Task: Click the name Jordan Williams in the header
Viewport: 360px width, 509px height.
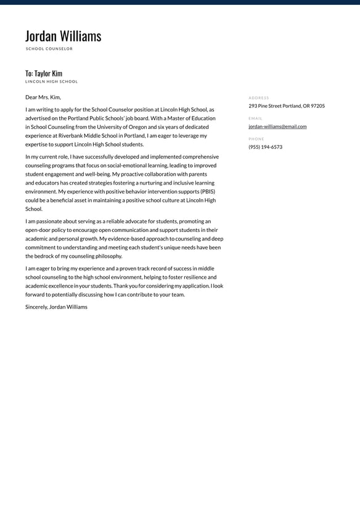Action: click(63, 36)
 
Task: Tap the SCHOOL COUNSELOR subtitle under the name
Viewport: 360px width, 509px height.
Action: click(49, 49)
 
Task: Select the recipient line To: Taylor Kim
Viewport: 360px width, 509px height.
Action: click(44, 73)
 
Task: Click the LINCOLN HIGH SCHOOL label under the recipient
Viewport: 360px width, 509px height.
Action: click(52, 81)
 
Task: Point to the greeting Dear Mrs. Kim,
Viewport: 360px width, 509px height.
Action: click(43, 97)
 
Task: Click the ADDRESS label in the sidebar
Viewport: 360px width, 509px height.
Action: click(259, 98)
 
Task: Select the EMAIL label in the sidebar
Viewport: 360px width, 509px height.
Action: click(255, 118)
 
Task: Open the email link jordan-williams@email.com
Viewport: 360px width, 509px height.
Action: click(277, 126)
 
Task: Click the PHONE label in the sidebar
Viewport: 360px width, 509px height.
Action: click(256, 139)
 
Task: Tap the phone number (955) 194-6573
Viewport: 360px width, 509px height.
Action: click(266, 147)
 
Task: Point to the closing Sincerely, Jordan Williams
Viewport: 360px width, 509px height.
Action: click(56, 307)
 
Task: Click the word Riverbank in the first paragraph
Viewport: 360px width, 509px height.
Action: click(72, 135)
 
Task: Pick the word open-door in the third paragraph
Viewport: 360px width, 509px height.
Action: click(39, 230)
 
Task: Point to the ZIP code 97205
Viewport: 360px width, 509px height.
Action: click(317, 106)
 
